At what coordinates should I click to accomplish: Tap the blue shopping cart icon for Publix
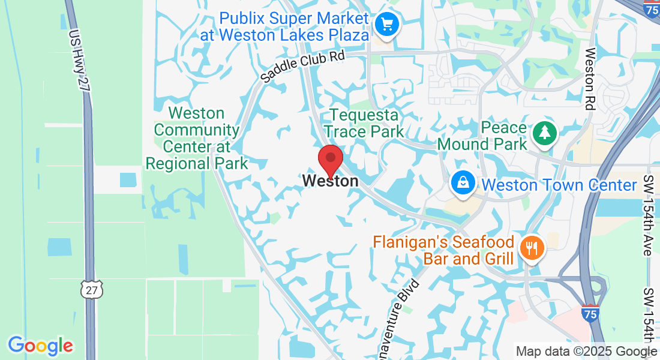click(387, 25)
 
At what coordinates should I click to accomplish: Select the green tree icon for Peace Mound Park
click(545, 133)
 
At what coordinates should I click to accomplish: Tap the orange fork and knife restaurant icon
click(531, 248)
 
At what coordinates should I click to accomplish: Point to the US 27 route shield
click(92, 290)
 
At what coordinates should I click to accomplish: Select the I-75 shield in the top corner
click(652, 8)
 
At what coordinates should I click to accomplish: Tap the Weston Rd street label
click(589, 78)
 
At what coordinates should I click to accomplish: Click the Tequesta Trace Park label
click(363, 122)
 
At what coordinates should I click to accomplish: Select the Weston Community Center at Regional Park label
click(197, 138)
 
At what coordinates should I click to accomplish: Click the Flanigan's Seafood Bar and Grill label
click(444, 251)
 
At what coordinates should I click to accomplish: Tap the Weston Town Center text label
click(559, 185)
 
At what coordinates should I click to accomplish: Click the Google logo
click(41, 345)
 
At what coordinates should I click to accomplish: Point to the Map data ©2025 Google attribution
click(586, 352)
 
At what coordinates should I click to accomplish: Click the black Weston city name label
click(331, 181)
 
